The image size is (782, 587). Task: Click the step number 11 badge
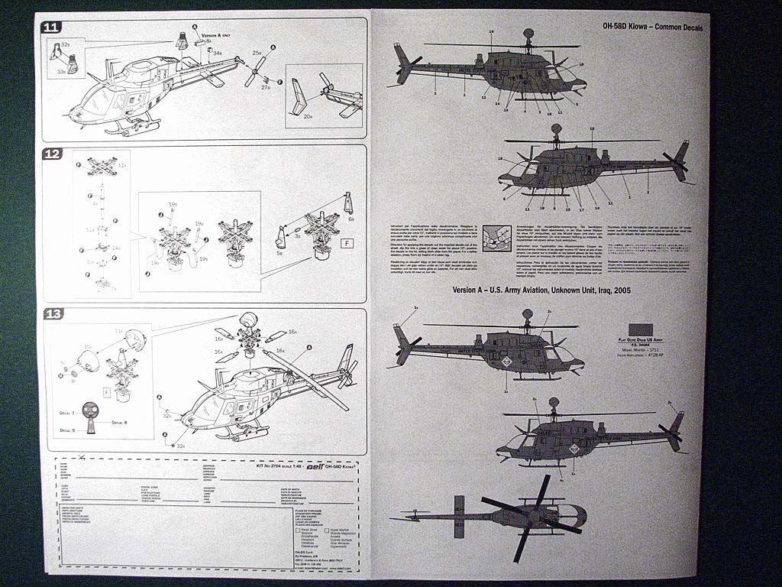click(52, 28)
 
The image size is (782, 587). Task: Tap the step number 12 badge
click(52, 154)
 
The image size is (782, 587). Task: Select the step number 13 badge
click(53, 315)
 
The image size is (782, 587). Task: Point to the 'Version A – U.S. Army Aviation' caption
click(541, 290)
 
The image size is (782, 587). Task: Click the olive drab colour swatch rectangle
click(640, 330)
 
